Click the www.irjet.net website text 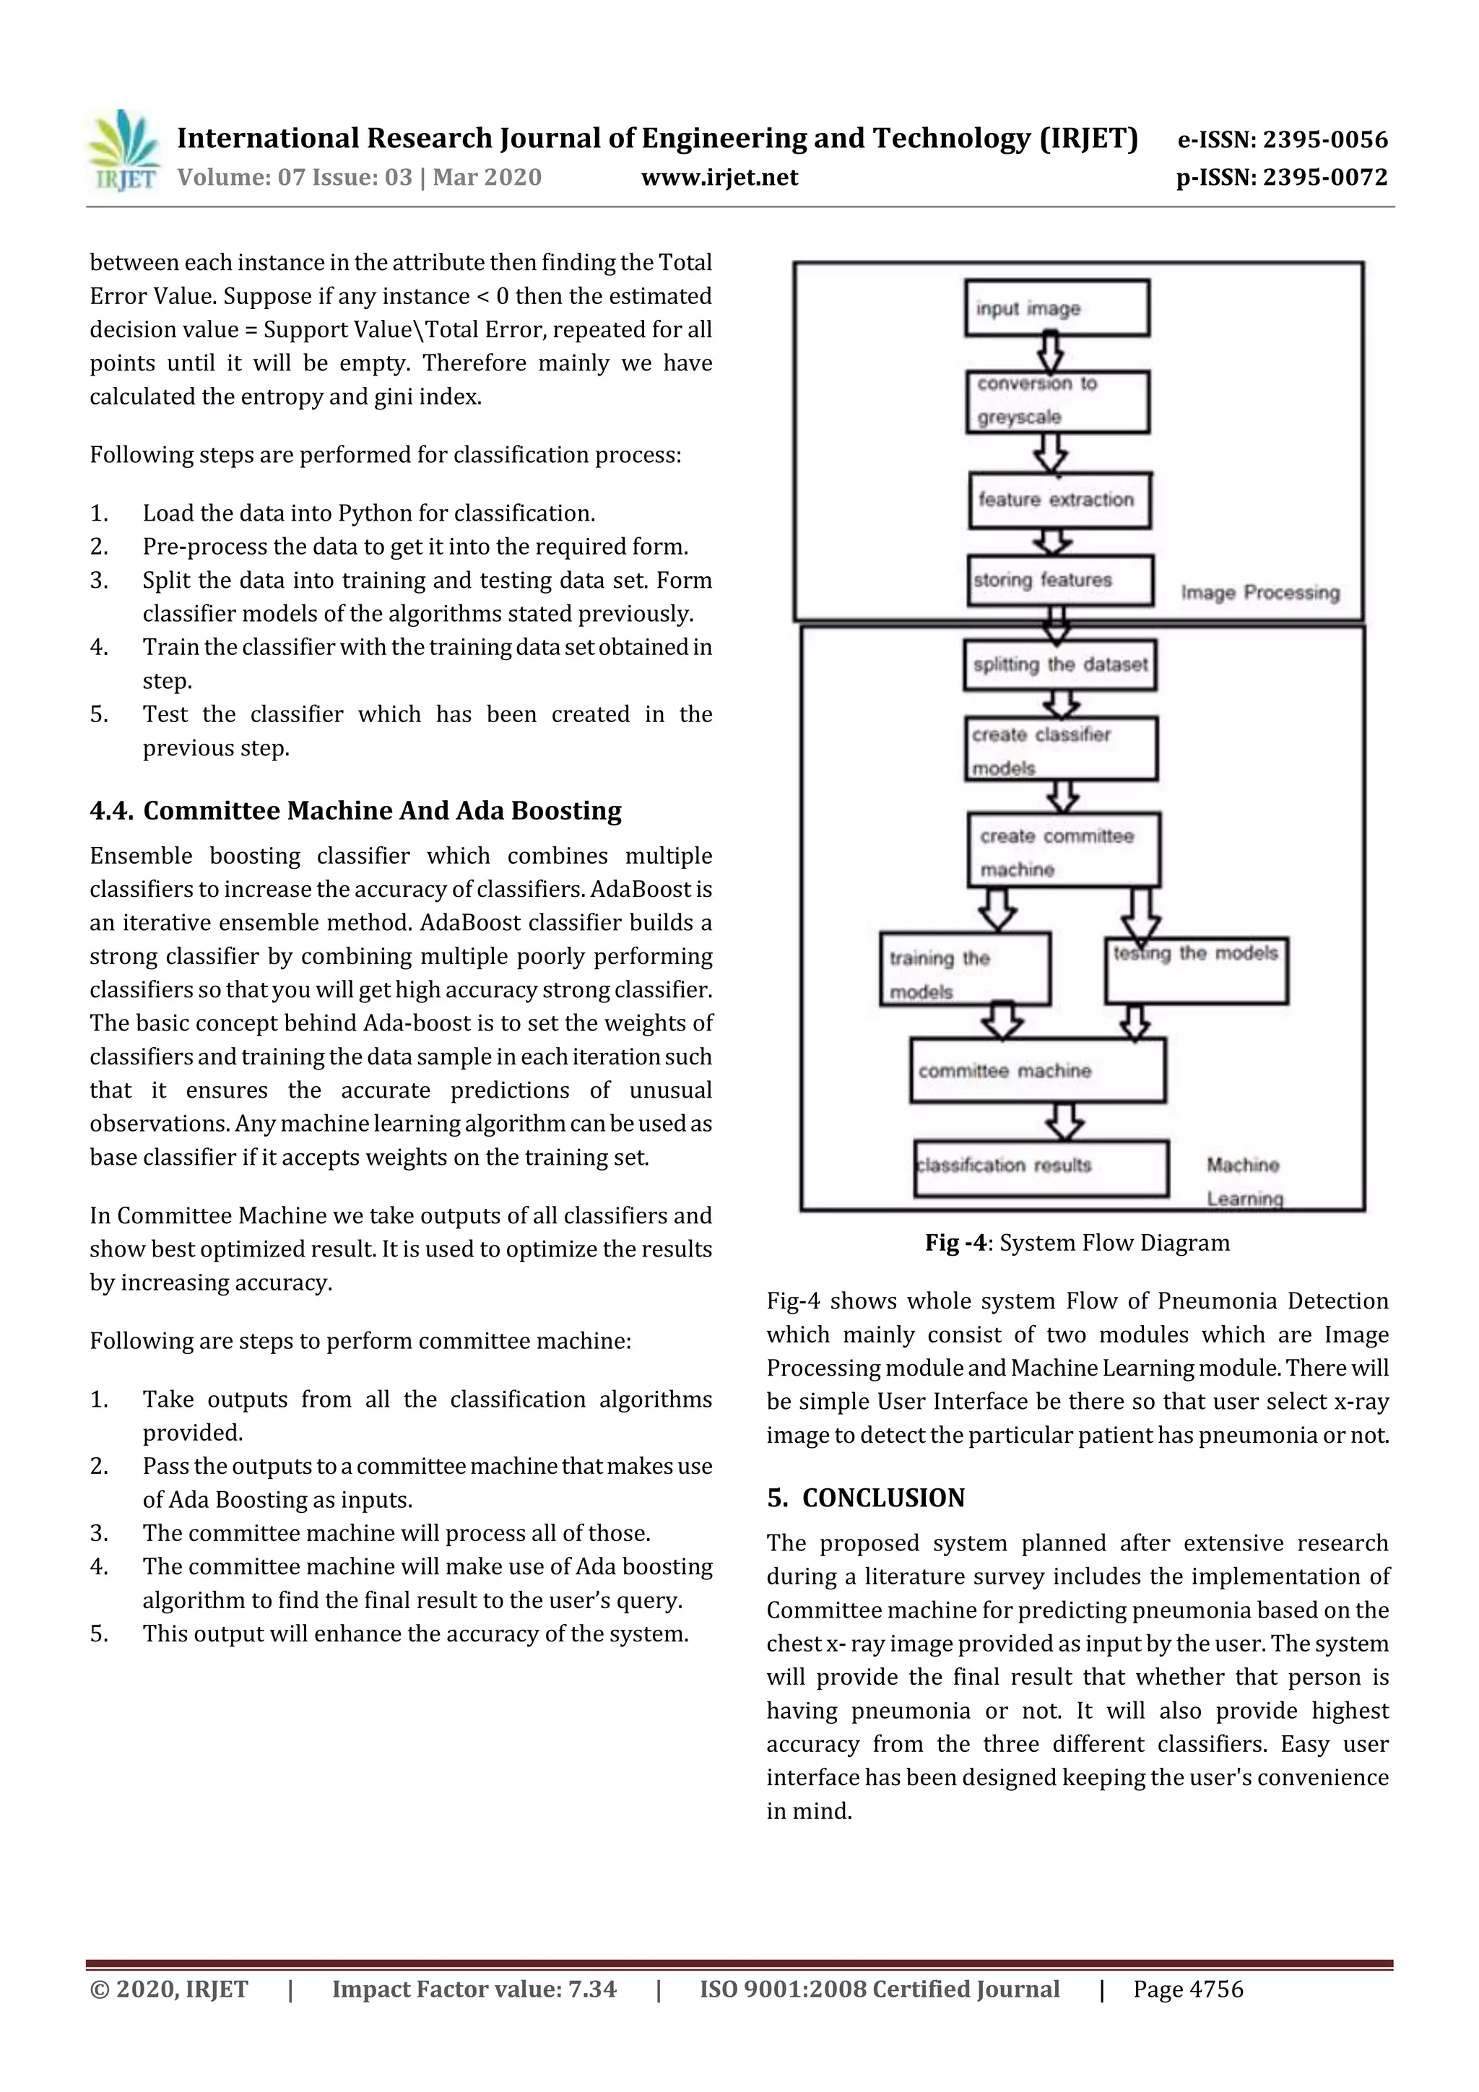tap(719, 178)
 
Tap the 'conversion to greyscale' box tap(1057, 401)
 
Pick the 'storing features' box tap(1060, 581)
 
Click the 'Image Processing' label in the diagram tap(1259, 593)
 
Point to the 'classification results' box tap(1040, 1167)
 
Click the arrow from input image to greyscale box tap(1051, 352)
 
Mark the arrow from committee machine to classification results tap(1064, 1121)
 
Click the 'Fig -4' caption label tap(955, 1243)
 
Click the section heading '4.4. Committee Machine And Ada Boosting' tap(355, 811)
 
